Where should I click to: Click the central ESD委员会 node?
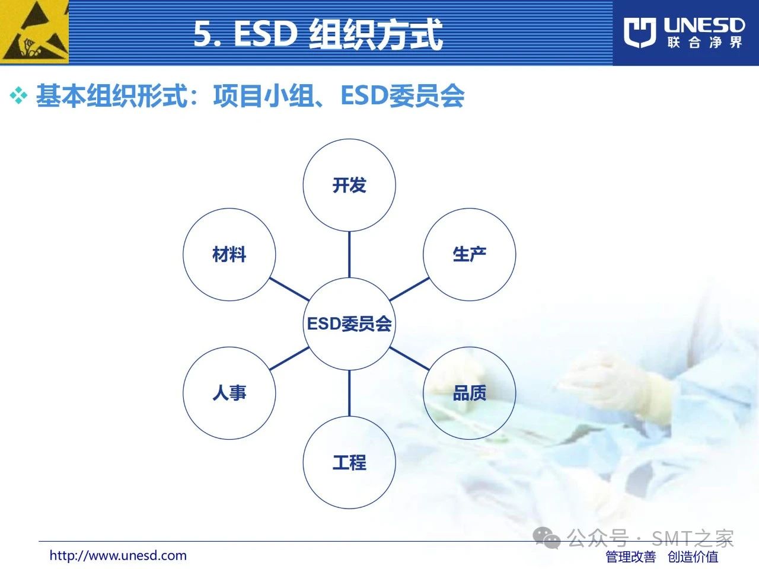click(349, 324)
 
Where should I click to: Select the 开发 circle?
click(349, 185)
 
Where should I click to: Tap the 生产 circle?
click(469, 254)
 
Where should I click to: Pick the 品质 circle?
click(469, 393)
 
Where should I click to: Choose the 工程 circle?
click(349, 462)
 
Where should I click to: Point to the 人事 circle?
click(229, 393)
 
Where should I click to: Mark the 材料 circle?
click(229, 254)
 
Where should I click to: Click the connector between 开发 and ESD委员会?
click(349, 255)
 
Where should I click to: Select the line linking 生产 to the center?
click(409, 289)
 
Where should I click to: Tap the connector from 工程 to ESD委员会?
click(349, 393)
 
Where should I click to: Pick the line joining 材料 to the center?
click(289, 289)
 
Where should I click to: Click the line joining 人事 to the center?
click(289, 359)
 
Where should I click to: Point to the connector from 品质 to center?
click(409, 359)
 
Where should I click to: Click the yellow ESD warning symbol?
click(34, 32)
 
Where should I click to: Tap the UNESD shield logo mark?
click(640, 33)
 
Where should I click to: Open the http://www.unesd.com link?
click(118, 555)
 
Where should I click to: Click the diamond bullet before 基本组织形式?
click(18, 95)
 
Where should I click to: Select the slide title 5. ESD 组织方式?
click(318, 34)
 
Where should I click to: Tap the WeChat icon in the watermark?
click(547, 538)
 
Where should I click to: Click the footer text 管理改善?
click(631, 557)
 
